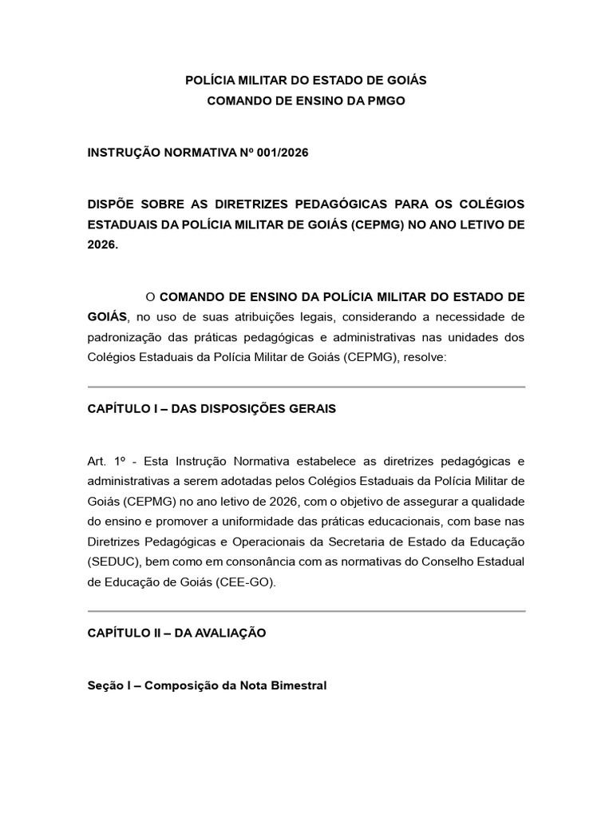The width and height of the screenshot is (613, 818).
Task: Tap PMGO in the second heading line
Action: pyautogui.click(x=386, y=101)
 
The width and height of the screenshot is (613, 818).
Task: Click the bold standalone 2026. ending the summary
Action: pyautogui.click(x=102, y=245)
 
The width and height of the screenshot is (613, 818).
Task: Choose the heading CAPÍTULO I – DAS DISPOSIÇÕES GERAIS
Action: pyautogui.click(x=212, y=408)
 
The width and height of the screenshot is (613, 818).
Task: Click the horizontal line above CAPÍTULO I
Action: pyautogui.click(x=306, y=387)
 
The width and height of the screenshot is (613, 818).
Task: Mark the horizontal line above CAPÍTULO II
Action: pyautogui.click(x=306, y=612)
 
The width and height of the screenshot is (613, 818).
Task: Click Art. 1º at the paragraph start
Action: pyautogui.click(x=108, y=461)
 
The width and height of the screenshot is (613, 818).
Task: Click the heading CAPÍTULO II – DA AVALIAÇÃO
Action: pyautogui.click(x=176, y=633)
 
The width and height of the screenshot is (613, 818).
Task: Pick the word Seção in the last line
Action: pyautogui.click(x=105, y=685)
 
